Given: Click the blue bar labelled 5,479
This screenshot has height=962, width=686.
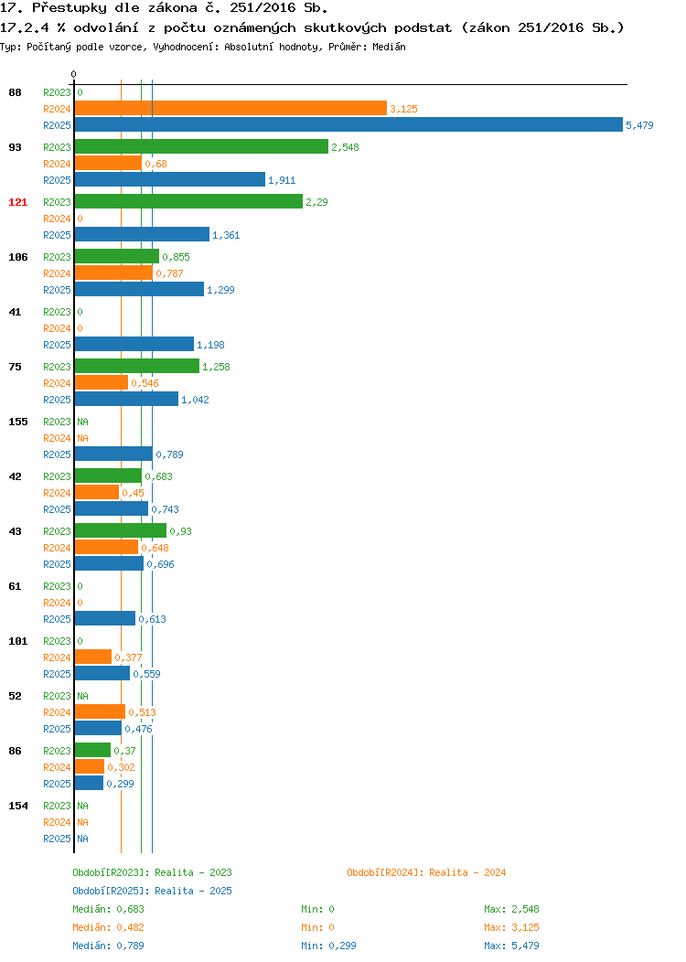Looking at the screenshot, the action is click(348, 124).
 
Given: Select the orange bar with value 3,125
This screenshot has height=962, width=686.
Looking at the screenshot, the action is click(230, 108).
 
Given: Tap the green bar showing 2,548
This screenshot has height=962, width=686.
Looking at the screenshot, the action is click(201, 146).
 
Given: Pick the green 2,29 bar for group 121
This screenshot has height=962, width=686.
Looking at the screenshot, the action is click(188, 201).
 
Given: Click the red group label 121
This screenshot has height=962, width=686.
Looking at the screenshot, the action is click(17, 202).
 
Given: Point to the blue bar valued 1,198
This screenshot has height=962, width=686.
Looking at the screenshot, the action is click(134, 344).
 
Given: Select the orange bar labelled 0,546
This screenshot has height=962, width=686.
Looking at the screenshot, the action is click(102, 383).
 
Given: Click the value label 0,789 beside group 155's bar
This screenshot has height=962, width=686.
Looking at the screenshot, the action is click(169, 454).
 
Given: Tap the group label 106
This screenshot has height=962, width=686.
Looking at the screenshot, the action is click(17, 257).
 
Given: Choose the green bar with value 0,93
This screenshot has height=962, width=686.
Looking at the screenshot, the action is click(120, 530).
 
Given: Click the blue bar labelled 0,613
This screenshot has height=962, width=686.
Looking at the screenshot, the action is click(105, 618).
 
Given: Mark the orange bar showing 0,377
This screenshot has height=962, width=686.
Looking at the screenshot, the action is click(93, 657).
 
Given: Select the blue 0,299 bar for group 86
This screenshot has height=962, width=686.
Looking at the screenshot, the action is click(89, 783).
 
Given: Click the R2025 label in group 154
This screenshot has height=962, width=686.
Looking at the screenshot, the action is click(57, 839).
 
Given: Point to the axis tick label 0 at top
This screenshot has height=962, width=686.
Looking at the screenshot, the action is click(74, 74).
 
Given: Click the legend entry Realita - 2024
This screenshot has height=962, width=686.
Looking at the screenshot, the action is click(426, 872).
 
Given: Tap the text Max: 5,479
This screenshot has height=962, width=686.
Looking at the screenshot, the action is click(511, 946).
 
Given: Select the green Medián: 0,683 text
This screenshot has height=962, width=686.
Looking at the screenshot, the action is click(108, 909).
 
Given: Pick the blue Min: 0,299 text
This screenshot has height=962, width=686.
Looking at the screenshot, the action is click(328, 946).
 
